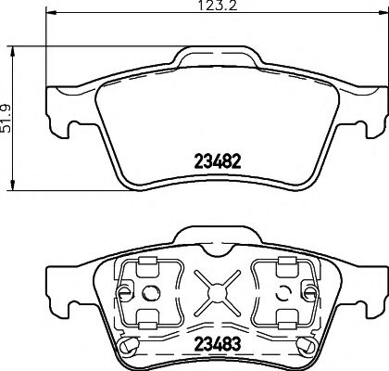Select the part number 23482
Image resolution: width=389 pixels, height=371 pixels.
216,160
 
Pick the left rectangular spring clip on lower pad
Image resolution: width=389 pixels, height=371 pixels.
144,295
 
